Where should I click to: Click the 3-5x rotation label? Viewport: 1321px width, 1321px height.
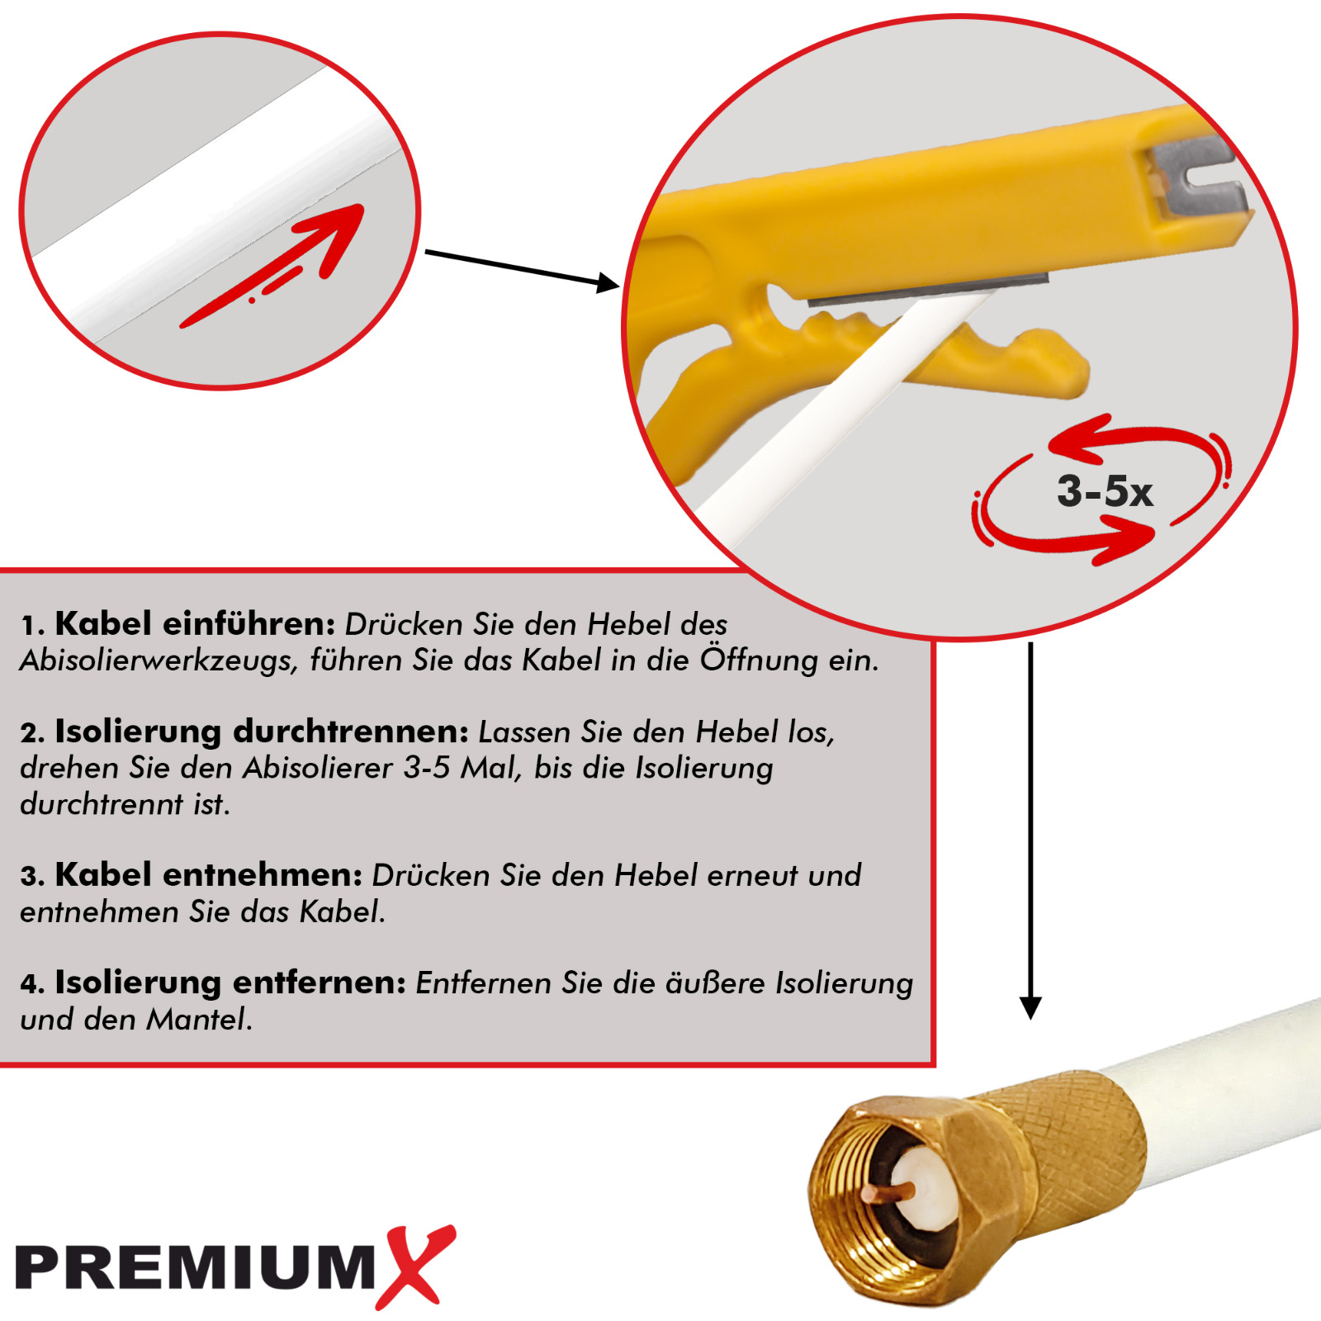[1105, 491]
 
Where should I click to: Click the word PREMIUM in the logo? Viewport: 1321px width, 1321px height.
[196, 1267]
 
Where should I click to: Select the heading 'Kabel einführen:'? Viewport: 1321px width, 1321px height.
[195, 623]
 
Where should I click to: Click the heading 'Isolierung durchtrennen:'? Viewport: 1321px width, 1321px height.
[262, 732]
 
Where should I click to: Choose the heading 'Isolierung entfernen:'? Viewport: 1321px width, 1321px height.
[230, 982]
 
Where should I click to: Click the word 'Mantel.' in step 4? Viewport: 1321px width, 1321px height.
[200, 1020]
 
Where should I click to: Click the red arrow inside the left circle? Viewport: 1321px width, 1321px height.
[272, 265]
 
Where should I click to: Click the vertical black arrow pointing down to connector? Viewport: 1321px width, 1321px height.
[1030, 830]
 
